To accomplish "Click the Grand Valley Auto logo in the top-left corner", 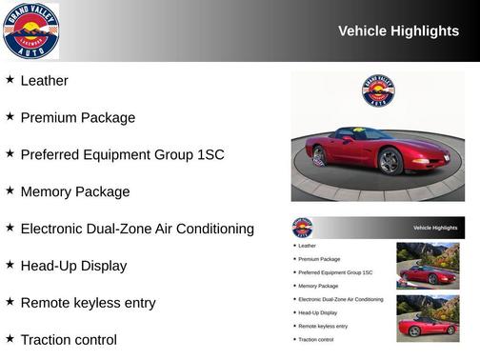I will point(30,30).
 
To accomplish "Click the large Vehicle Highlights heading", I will point(398,31).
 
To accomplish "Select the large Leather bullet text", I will point(44,81).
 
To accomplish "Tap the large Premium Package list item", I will point(77,118).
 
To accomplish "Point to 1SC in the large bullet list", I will point(210,154).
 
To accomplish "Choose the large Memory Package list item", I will point(74,191).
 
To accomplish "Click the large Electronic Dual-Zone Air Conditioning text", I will point(136,229).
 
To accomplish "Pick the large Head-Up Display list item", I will point(72,266).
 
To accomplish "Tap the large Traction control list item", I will point(68,340).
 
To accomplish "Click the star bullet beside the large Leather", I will point(10,80).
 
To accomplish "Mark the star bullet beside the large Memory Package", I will point(10,190).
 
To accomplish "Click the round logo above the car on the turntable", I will point(378,90).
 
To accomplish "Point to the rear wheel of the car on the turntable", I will point(318,154).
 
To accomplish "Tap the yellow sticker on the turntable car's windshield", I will point(358,130).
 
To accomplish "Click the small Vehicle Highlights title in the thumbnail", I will point(435,228).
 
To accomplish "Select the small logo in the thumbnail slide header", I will point(302,228).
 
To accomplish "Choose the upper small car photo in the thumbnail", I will point(428,266).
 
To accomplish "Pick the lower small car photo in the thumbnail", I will point(428,318).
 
